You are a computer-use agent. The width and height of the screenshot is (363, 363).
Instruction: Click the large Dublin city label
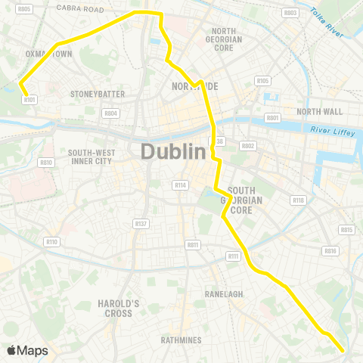point(173,152)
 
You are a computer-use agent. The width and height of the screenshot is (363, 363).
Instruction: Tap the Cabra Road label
point(83,9)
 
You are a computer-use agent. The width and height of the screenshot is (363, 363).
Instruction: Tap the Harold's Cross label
point(119,308)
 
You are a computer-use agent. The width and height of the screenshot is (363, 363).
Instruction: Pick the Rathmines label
point(181,340)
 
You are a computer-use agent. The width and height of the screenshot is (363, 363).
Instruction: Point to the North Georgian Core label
point(224,39)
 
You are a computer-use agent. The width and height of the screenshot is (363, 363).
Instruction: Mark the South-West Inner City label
point(90,157)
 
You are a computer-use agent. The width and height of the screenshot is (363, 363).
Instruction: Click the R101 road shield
point(29,98)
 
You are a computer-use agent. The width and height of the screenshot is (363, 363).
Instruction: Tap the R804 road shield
point(111,113)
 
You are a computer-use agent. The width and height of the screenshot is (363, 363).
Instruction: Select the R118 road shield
point(298,200)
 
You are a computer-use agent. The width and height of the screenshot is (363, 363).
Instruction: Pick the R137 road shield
point(140,223)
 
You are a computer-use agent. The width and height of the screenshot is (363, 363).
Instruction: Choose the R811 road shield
point(193,245)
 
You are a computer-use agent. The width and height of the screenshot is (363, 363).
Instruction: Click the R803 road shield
point(289,13)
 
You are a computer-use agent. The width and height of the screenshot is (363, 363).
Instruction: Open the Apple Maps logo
point(27,350)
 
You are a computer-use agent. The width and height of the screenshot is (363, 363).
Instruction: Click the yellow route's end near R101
point(20,83)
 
